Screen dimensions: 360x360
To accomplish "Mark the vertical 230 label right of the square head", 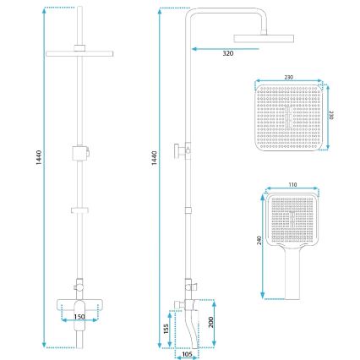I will pyautogui.click(x=330, y=115).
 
